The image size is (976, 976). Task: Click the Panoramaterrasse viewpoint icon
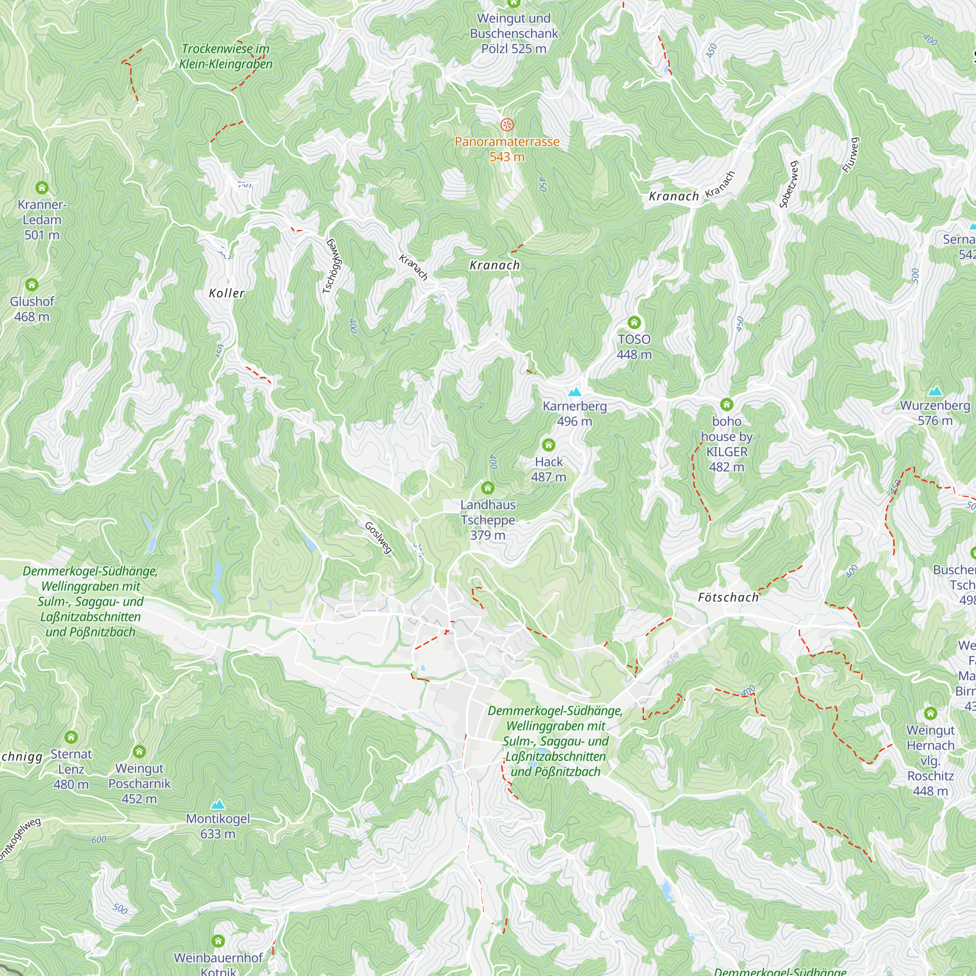pyautogui.click(x=507, y=124)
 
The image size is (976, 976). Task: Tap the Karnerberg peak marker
pyautogui.click(x=574, y=391)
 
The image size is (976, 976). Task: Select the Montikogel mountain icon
pyautogui.click(x=218, y=804)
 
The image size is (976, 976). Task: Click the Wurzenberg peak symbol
pyautogui.click(x=935, y=391)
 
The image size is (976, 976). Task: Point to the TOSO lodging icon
pyautogui.click(x=634, y=322)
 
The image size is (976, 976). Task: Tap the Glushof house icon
pyautogui.click(x=32, y=285)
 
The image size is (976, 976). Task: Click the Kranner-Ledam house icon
pyautogui.click(x=42, y=188)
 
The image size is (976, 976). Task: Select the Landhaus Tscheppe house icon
pyautogui.click(x=488, y=488)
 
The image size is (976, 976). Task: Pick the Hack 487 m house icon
pyautogui.click(x=549, y=445)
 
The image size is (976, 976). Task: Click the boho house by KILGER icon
pyautogui.click(x=727, y=404)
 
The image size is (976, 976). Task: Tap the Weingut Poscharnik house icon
pyautogui.click(x=140, y=751)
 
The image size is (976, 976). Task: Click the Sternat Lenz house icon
pyautogui.click(x=71, y=737)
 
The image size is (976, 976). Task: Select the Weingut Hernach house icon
pyautogui.click(x=931, y=713)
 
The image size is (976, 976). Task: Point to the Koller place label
pyautogui.click(x=227, y=293)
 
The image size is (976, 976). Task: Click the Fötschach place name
pyautogui.click(x=728, y=598)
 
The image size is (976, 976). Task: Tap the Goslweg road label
pyautogui.click(x=378, y=537)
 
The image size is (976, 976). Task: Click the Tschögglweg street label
pyautogui.click(x=333, y=266)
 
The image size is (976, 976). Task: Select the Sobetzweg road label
pyautogui.click(x=789, y=184)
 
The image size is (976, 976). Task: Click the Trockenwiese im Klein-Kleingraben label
pyautogui.click(x=226, y=56)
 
